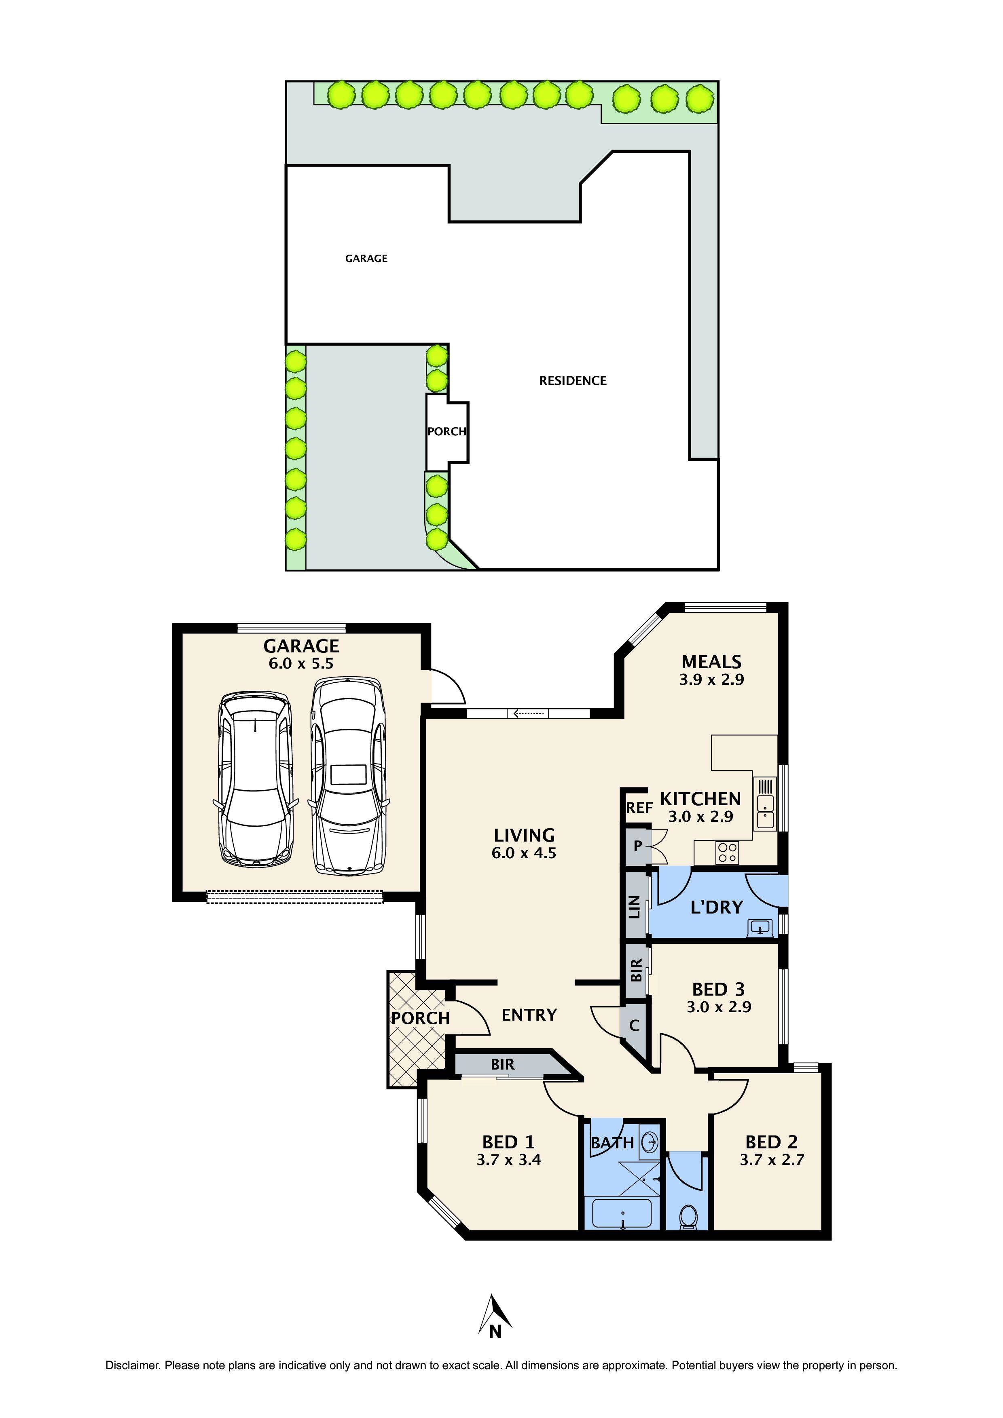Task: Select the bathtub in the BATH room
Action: click(621, 1213)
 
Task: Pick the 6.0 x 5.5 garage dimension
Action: click(301, 664)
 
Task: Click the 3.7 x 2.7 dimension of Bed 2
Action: click(771, 1160)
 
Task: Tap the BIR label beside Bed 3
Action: click(636, 970)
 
